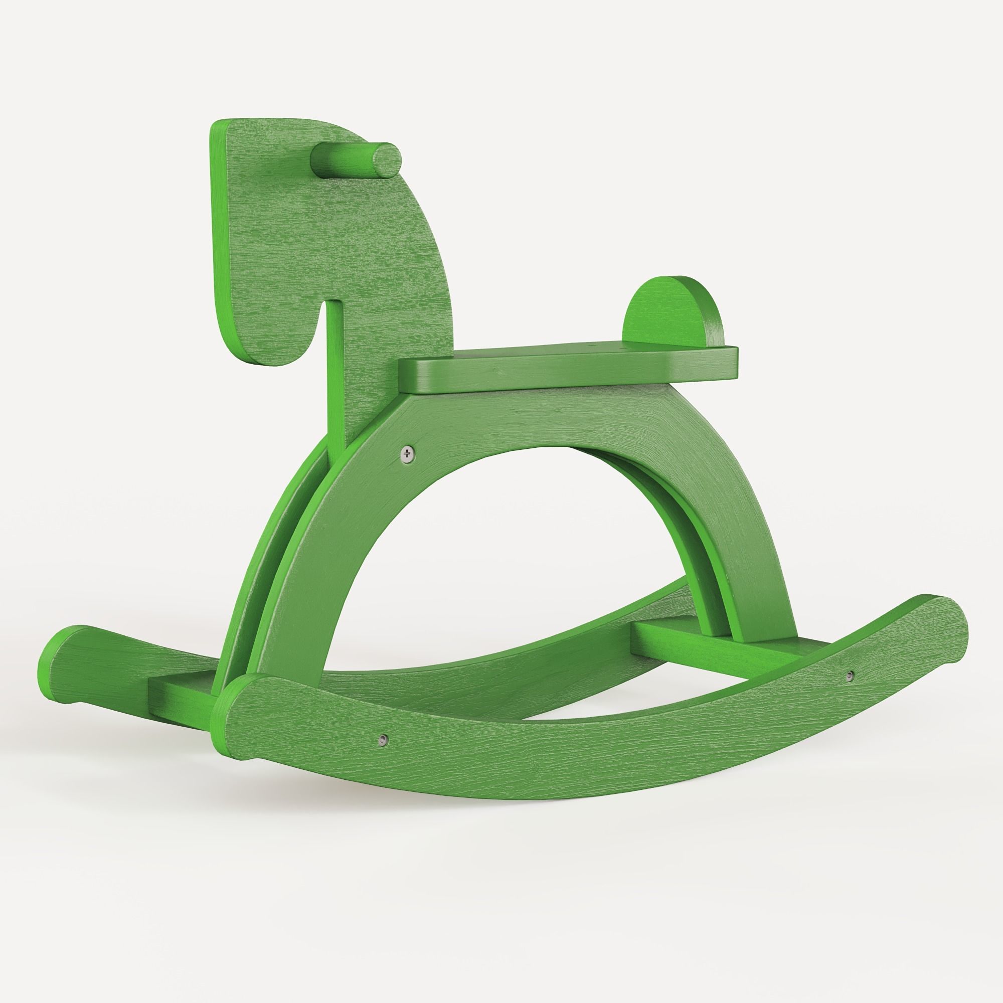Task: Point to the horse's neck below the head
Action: click(x=358, y=405)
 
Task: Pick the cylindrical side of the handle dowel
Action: click(x=343, y=161)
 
